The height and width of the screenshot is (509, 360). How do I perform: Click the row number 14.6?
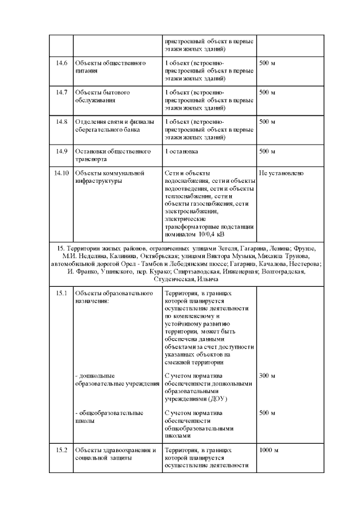pyautogui.click(x=61, y=63)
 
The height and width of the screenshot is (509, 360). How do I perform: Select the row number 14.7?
pyautogui.click(x=61, y=92)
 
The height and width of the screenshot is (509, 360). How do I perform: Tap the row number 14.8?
pyautogui.click(x=61, y=121)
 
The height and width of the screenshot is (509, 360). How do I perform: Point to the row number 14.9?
pyautogui.click(x=61, y=151)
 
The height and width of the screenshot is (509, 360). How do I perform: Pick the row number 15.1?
pyautogui.click(x=61, y=294)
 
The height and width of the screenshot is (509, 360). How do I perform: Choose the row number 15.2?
pyautogui.click(x=61, y=451)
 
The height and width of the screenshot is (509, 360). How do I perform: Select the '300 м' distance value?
pyautogui.click(x=267, y=376)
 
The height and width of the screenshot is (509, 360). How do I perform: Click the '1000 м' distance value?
pyautogui.click(x=269, y=451)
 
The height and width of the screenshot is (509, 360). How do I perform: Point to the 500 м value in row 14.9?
pyautogui.click(x=267, y=151)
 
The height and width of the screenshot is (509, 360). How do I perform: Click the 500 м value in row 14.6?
pyautogui.click(x=267, y=63)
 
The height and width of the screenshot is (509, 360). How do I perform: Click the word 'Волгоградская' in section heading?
pyautogui.click(x=284, y=272)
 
